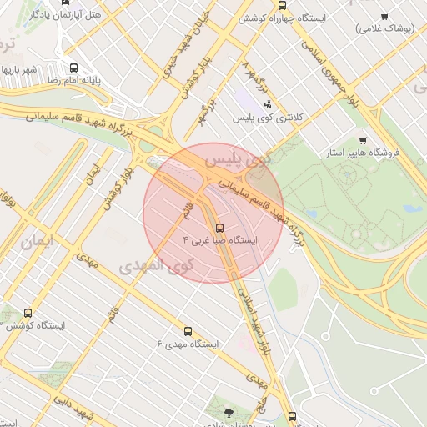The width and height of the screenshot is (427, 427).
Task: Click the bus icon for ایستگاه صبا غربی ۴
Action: (x=219, y=227)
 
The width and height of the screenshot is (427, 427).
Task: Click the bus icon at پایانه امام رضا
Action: (x=74, y=68)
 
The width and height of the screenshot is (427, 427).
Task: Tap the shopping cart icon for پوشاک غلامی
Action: (x=384, y=16)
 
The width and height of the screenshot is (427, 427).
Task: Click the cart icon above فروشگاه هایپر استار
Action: (x=362, y=140)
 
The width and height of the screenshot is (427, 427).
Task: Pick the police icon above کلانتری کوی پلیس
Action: (x=267, y=104)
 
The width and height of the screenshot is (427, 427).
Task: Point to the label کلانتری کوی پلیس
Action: (x=270, y=118)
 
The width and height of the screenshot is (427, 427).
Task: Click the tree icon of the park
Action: (x=229, y=412)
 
